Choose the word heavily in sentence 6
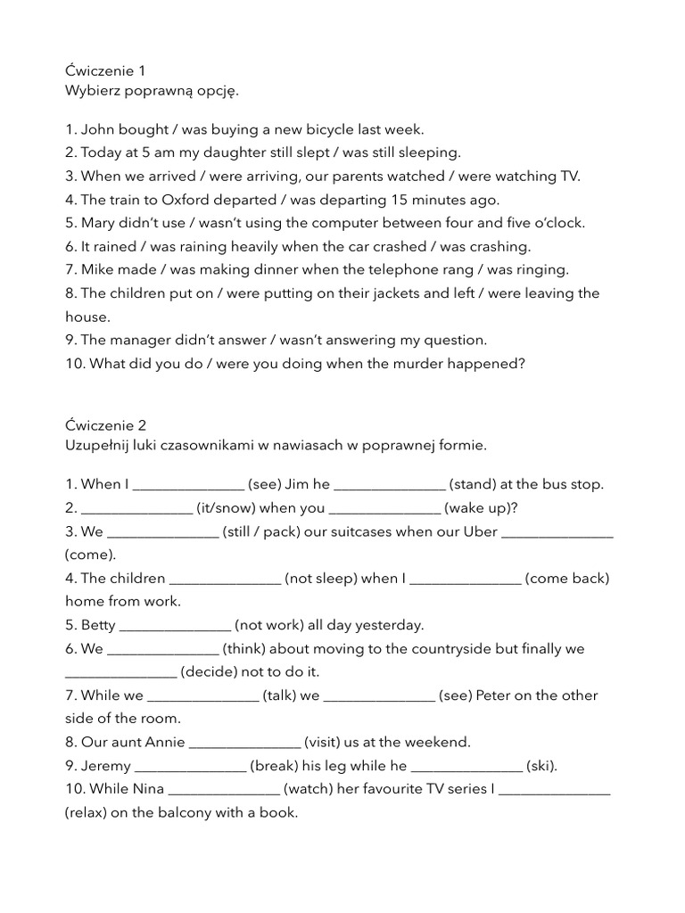click(236, 246)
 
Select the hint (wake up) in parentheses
click(481, 508)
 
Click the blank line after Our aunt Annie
click(244, 742)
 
